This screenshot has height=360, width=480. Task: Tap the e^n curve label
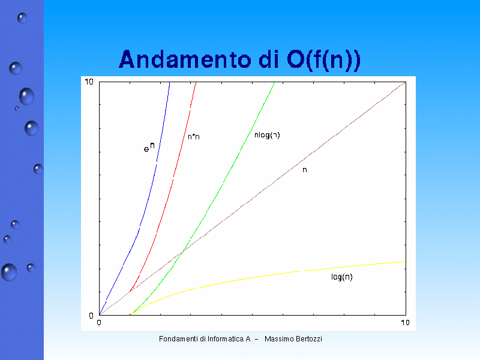[149, 147]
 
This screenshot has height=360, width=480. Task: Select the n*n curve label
[194, 137]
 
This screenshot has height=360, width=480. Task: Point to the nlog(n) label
[267, 135]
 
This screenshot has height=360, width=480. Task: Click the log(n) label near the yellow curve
[342, 277]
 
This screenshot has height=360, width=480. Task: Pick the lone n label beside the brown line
[305, 170]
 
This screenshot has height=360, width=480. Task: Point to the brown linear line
[253, 199]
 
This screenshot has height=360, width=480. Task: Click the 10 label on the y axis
[89, 82]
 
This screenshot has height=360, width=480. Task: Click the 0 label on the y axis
[91, 316]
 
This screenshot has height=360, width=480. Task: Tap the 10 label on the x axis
[405, 323]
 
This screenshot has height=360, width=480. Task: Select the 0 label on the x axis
[99, 323]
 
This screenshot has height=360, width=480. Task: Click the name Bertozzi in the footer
[309, 339]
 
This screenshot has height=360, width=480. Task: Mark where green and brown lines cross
[182, 252]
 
